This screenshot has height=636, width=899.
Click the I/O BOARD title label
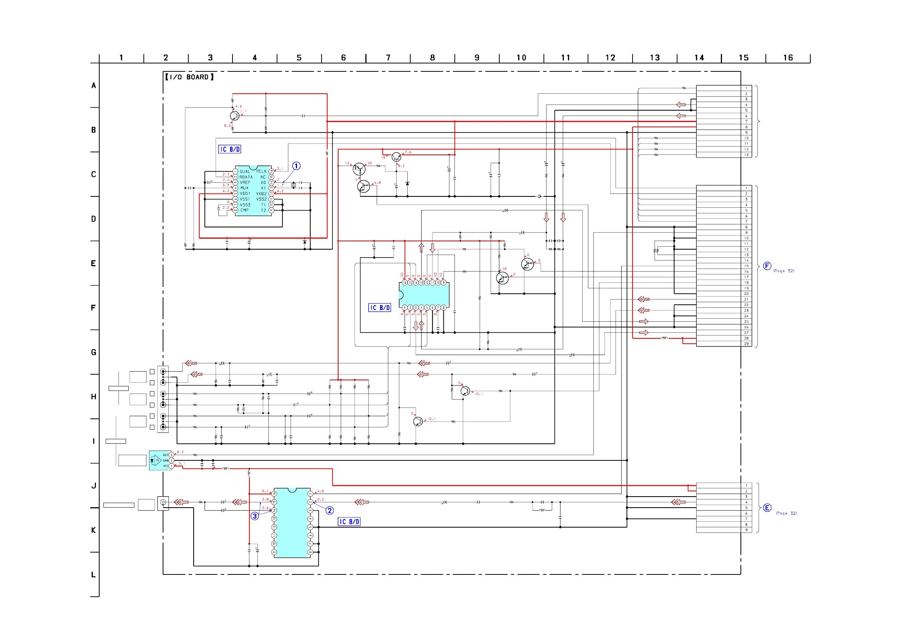point(189,77)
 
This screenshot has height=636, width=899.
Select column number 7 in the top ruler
point(388,58)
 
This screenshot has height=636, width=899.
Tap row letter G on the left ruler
point(94,352)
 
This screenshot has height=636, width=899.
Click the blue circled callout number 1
point(296,166)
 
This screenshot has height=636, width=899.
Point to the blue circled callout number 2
point(330,511)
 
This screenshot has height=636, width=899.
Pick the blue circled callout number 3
point(255,516)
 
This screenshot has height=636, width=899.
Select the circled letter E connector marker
point(767,508)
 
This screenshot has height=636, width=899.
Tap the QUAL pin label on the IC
point(245,171)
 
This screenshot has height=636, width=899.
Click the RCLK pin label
point(262,171)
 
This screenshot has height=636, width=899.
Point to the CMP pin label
point(244,210)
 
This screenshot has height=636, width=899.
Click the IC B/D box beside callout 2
point(349,522)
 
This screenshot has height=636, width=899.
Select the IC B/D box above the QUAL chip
point(229,149)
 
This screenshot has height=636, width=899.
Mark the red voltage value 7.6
point(408,152)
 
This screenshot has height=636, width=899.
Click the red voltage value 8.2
point(401,166)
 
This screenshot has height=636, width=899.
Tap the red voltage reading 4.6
point(239,106)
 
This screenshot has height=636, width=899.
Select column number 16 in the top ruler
point(788,58)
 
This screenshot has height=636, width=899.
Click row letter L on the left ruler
point(94,575)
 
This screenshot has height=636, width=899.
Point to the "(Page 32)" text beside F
point(784,271)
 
